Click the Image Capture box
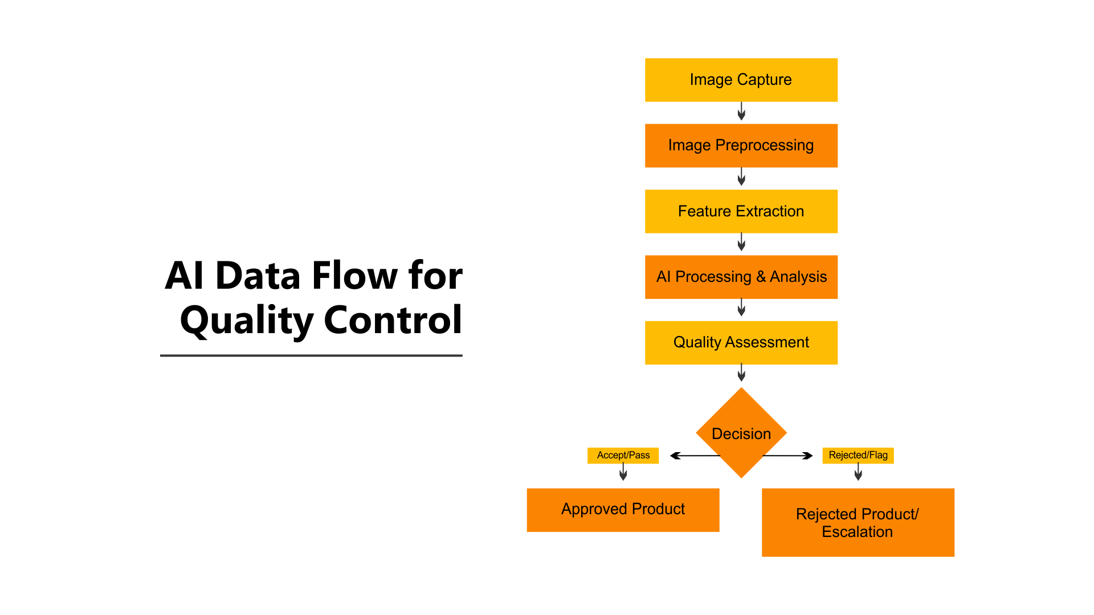(741, 80)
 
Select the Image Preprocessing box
(741, 145)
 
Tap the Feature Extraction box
(741, 211)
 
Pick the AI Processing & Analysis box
(741, 277)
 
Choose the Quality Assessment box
(741, 342)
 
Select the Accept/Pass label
(623, 455)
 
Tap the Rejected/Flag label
(858, 455)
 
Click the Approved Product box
(623, 510)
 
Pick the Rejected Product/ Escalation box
(858, 522)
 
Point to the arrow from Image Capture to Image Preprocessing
(741, 112)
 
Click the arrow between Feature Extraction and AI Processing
(741, 243)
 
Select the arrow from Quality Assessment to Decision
(741, 373)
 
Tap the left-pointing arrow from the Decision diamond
(692, 456)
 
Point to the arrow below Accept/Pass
(623, 472)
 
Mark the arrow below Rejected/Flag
(858, 472)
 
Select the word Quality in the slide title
(247, 321)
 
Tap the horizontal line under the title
(311, 355)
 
